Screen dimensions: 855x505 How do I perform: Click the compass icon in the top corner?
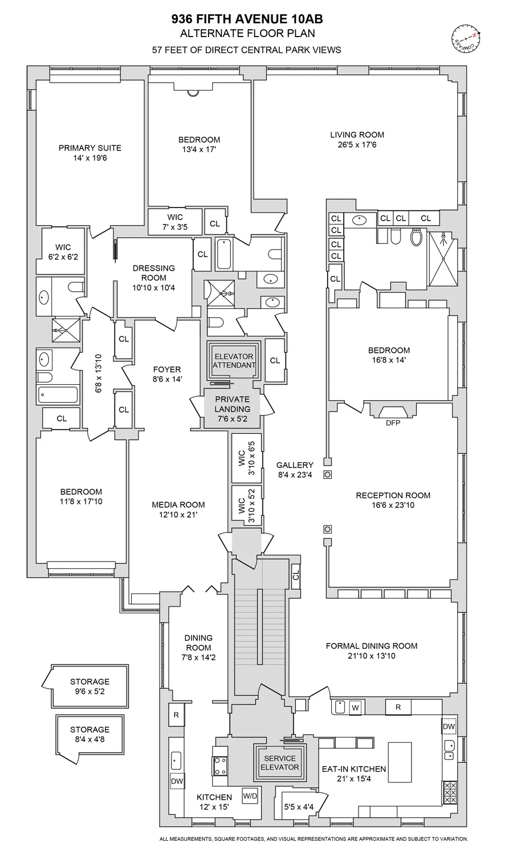[x=466, y=37]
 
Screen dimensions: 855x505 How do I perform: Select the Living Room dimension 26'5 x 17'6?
[x=357, y=145]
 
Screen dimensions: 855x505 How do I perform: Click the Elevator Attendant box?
[x=234, y=361]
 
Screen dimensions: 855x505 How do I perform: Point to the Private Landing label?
[x=233, y=404]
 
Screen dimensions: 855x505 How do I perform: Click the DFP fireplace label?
[x=392, y=423]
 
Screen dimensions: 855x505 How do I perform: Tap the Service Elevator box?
[x=279, y=763]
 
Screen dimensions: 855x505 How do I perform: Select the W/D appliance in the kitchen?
[x=250, y=795]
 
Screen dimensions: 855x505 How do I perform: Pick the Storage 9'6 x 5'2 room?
[x=89, y=686]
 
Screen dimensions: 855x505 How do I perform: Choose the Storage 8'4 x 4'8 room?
[x=89, y=734]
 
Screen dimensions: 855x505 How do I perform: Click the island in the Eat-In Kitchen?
[x=400, y=762]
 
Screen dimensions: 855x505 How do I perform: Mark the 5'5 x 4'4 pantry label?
[x=299, y=807]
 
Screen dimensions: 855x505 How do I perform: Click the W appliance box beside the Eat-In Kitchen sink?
[x=355, y=707]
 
